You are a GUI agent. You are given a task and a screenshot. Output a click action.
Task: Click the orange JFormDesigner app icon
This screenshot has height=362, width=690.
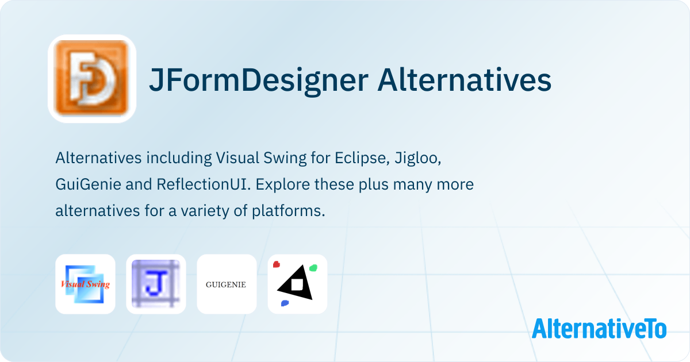(x=92, y=79)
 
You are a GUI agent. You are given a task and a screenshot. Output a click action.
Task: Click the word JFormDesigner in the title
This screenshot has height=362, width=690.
(x=259, y=80)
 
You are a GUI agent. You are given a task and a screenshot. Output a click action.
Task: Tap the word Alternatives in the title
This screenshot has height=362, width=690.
(x=465, y=80)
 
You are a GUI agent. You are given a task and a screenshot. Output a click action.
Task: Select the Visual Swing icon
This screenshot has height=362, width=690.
(x=85, y=284)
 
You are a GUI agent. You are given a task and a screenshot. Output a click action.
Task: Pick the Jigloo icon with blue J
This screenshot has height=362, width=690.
(x=156, y=284)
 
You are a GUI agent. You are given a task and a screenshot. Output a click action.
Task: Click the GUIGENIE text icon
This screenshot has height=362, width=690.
(x=227, y=284)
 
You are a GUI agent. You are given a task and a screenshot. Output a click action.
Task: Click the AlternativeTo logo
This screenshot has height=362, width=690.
(x=599, y=329)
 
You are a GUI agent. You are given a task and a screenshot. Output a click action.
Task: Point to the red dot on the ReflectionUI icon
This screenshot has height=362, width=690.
(x=277, y=264)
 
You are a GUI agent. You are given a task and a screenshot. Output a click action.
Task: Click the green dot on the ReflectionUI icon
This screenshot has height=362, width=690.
(x=313, y=268)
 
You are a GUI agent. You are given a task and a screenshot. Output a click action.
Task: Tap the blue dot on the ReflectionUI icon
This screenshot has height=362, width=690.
(x=285, y=303)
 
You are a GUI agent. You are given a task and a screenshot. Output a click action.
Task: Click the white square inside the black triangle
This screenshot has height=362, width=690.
(x=297, y=284)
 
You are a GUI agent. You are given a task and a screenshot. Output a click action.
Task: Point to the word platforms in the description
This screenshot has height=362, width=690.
(x=289, y=211)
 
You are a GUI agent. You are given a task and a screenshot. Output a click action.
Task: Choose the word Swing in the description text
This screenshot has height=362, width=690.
(x=285, y=159)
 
